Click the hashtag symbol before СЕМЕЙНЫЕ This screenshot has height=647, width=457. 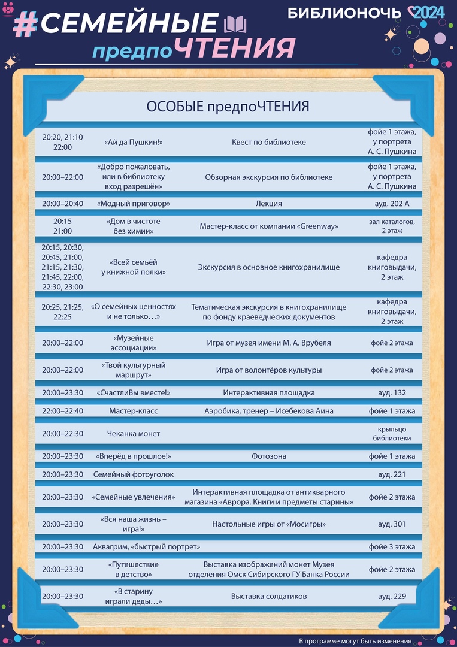coord(25,24)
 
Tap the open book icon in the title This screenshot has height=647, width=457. coord(234,25)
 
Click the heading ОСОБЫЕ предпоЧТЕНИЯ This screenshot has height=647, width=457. coord(228,107)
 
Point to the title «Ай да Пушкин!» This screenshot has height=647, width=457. coord(134,142)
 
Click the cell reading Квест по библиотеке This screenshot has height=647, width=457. coord(269,142)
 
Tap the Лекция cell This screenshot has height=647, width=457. coord(269,204)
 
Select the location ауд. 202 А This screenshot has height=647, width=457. coord(392,204)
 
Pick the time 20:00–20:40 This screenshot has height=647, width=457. coord(62,204)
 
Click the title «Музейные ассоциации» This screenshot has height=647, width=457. coord(134,343)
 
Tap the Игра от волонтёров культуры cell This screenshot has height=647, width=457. coord(269,370)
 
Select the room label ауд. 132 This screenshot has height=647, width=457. coord(392,393)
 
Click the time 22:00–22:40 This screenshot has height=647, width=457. coord(62,411)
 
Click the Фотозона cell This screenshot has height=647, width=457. coord(269,456)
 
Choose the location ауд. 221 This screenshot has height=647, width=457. coord(392,474)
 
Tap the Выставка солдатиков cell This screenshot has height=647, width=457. coord(269,597)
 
